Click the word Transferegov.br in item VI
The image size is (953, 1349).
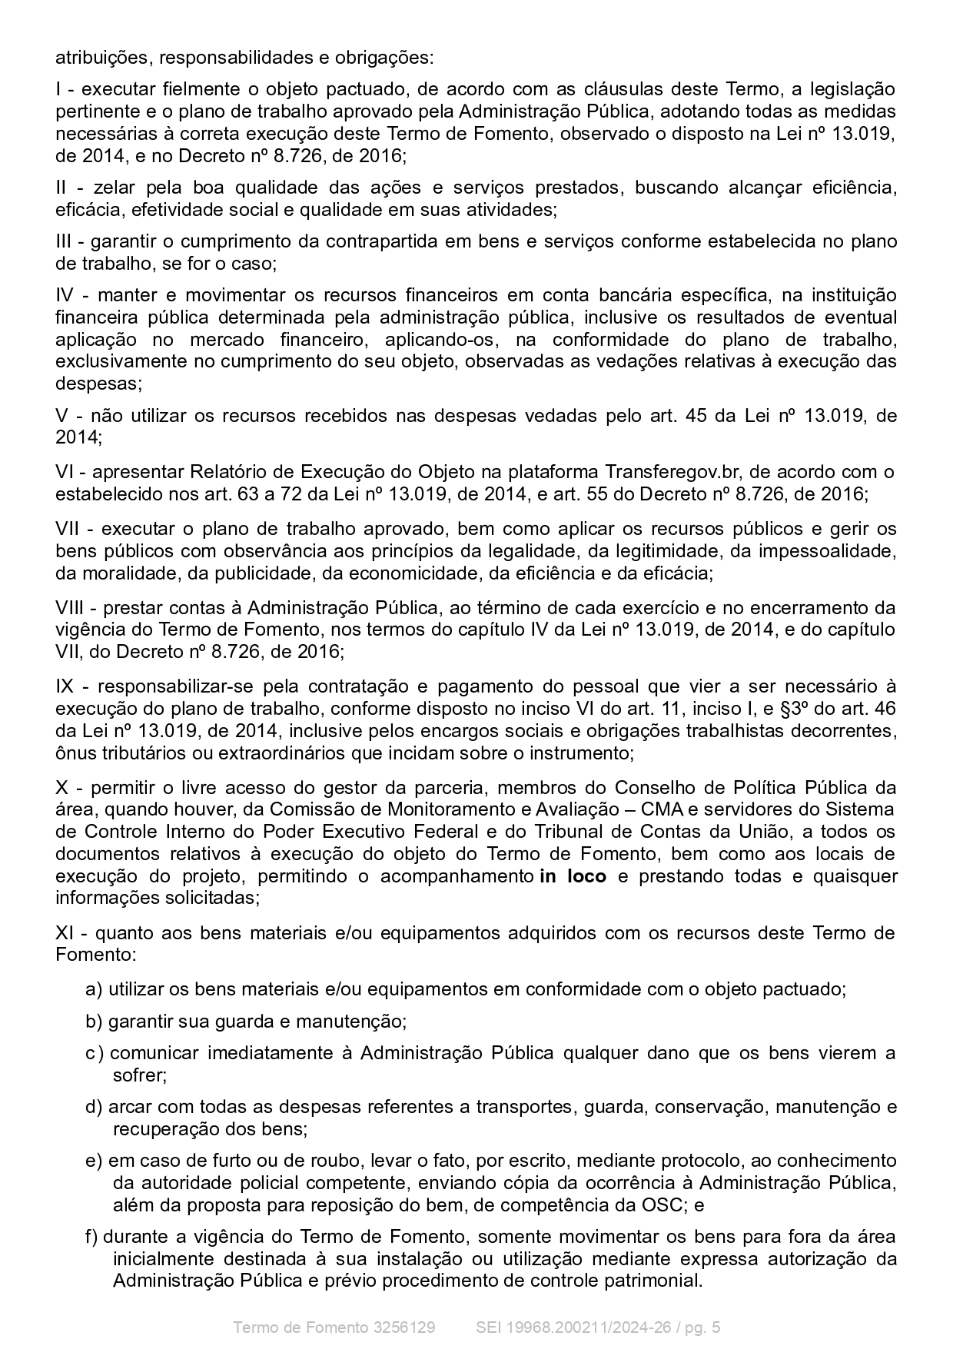pyautogui.click(x=668, y=471)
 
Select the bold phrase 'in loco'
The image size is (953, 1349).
pyautogui.click(x=573, y=876)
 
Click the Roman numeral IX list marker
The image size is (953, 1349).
pyautogui.click(x=65, y=686)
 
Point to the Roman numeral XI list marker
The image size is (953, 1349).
pyautogui.click(x=65, y=933)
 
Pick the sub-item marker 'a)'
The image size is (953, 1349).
pyautogui.click(x=93, y=989)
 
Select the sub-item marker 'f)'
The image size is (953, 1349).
pyautogui.click(x=91, y=1237)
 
